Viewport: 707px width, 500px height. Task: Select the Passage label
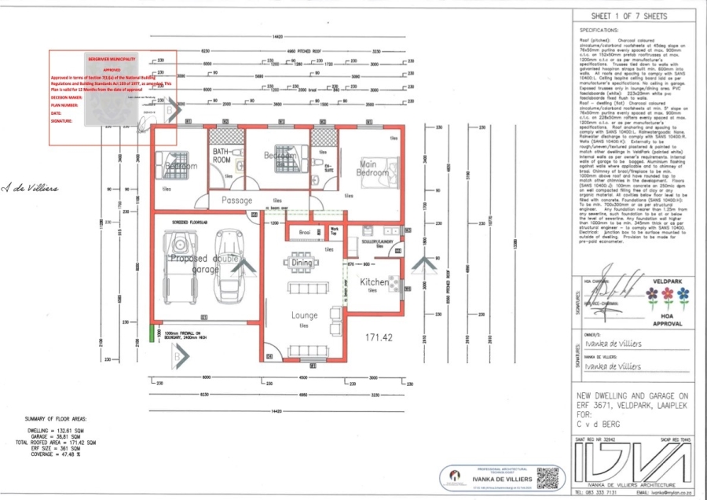[236, 201]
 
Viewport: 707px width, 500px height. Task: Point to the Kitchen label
[375, 281]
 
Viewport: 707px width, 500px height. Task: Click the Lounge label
[304, 315]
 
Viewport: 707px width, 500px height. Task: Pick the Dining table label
[302, 263]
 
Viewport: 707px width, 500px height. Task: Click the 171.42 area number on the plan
[378, 337]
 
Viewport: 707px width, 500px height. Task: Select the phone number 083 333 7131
[600, 492]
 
